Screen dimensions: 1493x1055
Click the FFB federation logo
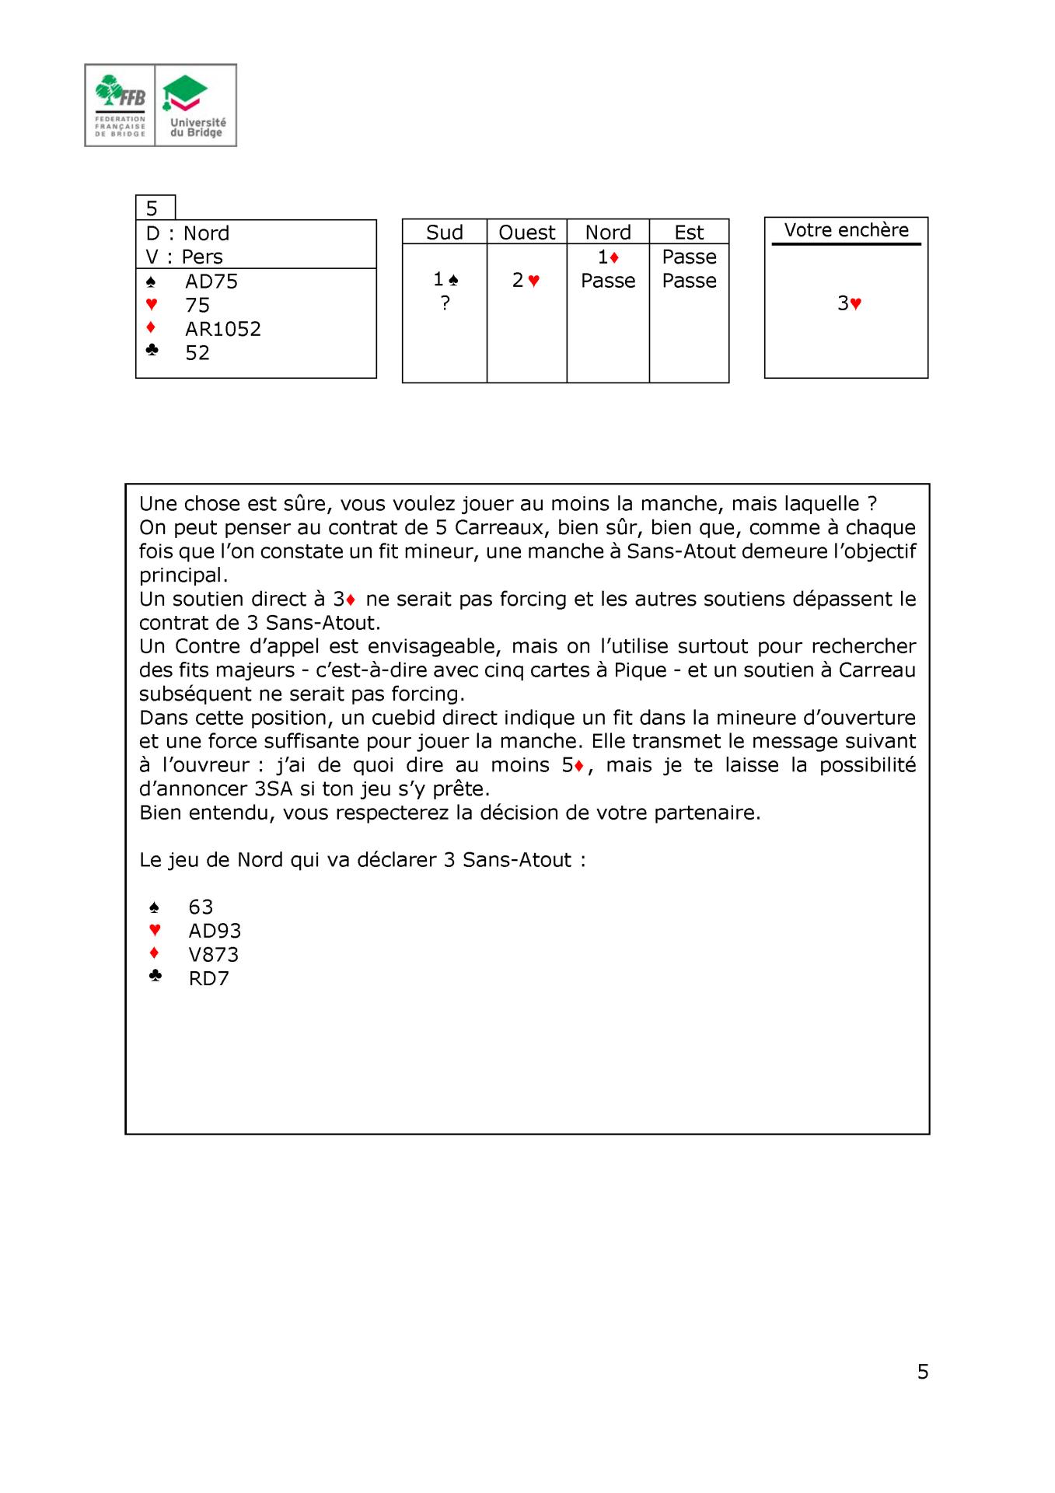[121, 105]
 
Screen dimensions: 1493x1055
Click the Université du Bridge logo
[197, 105]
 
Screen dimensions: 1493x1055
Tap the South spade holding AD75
[211, 281]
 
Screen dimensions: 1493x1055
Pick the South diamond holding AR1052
[222, 329]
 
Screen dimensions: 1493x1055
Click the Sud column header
[445, 233]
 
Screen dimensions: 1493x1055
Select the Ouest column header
[527, 233]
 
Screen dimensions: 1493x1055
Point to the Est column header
[689, 233]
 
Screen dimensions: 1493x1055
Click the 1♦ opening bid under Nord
[608, 257]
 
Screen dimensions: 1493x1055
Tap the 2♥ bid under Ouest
[526, 281]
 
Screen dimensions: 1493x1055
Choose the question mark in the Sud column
[445, 304]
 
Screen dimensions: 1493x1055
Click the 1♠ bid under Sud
[445, 279]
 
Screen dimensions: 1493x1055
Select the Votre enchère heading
[846, 230]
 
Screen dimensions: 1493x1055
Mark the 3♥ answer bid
[849, 304]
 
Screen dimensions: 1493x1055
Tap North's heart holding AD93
[215, 931]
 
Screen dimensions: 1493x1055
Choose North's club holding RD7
[208, 978]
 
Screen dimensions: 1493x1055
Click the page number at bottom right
[923, 1372]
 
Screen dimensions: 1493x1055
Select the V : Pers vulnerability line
[184, 257]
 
